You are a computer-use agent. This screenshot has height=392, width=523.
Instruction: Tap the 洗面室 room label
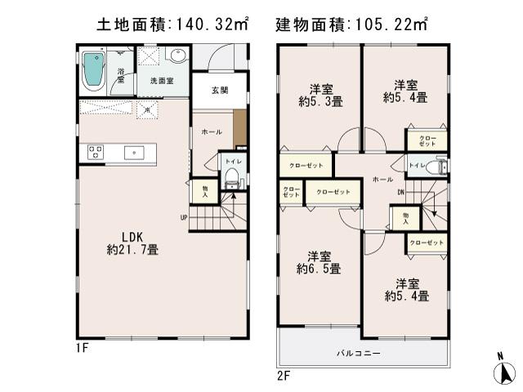click(161, 81)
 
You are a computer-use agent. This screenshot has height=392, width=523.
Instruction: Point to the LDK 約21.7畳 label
click(135, 243)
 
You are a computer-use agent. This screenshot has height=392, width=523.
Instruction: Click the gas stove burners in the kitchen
click(93, 151)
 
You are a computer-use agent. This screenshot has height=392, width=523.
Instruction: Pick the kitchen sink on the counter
click(134, 151)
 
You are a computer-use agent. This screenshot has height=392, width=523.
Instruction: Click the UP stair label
click(186, 216)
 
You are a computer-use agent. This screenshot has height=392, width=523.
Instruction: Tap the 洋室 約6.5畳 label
click(319, 261)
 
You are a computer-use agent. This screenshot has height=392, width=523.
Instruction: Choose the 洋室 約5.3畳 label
click(320, 96)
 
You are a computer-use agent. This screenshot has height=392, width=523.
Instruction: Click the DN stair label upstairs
click(401, 193)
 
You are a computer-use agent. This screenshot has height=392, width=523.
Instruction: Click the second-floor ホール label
click(381, 178)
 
